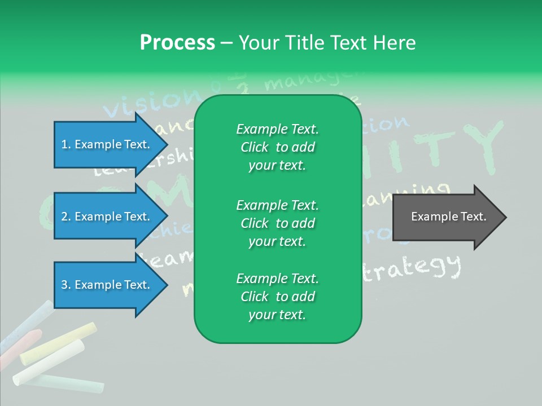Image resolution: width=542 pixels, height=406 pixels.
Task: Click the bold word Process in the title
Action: [177, 42]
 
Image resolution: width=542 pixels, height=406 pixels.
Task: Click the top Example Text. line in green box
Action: [277, 129]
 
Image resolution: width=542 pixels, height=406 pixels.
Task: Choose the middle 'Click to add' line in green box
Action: [277, 223]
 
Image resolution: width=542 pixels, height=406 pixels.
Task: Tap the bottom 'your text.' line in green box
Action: [277, 315]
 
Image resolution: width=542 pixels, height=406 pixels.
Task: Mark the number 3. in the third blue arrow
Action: [66, 285]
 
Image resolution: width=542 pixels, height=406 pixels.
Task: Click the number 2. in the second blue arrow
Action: [66, 217]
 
